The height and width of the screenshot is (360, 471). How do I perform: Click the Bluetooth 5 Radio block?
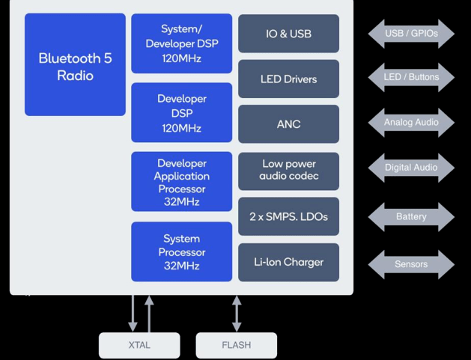click(x=75, y=65)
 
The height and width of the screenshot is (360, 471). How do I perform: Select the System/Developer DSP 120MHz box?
click(x=181, y=43)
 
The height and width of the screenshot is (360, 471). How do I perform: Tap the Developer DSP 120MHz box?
click(x=181, y=113)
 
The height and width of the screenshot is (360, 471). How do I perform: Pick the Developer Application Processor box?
click(x=181, y=182)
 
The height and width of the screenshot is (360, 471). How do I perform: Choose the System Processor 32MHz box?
click(x=181, y=251)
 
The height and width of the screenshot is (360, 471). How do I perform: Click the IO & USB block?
click(x=288, y=34)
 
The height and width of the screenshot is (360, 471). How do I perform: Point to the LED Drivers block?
click(x=288, y=79)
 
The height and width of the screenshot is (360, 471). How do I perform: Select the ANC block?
click(x=288, y=123)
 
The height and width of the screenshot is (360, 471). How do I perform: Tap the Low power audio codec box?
click(x=288, y=171)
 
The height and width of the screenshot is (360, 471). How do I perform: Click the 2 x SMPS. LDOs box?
click(x=288, y=217)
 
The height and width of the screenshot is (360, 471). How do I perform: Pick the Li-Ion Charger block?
click(x=288, y=262)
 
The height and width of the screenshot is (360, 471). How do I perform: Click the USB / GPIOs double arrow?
click(x=411, y=34)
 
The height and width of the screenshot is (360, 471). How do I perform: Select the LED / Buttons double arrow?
click(x=411, y=77)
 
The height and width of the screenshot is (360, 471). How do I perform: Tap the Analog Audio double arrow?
click(x=411, y=122)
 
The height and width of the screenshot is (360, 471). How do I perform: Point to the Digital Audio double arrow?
click(x=411, y=168)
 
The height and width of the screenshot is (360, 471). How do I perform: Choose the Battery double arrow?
click(x=411, y=217)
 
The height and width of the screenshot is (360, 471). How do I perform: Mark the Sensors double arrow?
click(x=411, y=264)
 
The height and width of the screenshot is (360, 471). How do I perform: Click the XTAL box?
click(x=139, y=345)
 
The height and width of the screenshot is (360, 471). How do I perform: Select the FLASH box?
click(x=237, y=345)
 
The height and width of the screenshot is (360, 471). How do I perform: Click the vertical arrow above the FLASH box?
click(x=237, y=314)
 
